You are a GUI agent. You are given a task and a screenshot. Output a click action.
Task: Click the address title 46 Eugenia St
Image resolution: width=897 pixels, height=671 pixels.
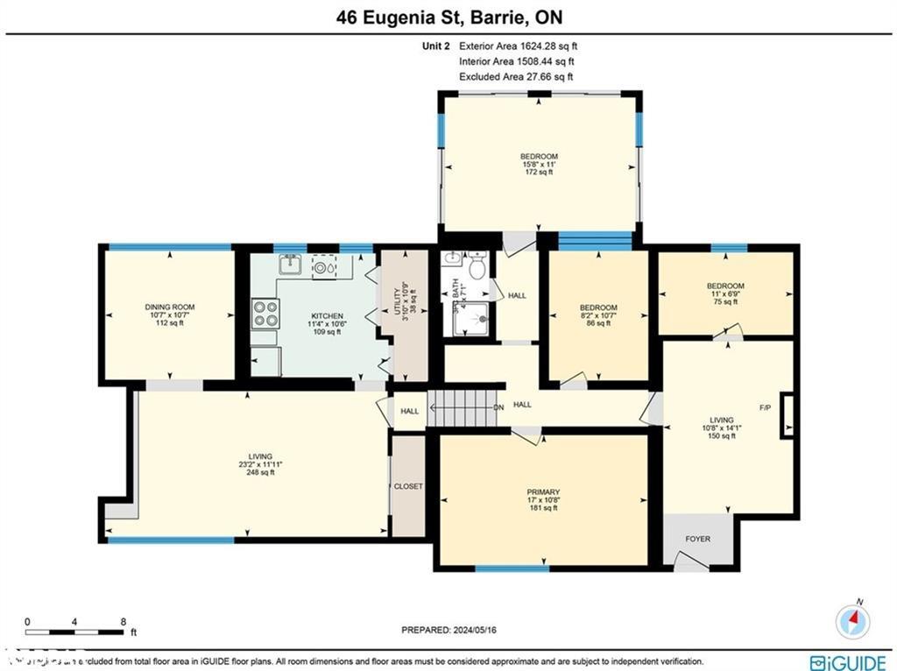click(448, 18)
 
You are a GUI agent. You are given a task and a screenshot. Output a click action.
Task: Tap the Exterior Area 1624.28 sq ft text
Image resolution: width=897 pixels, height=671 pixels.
click(517, 46)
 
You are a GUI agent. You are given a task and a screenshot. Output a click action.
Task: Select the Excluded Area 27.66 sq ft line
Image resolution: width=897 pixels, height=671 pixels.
click(516, 77)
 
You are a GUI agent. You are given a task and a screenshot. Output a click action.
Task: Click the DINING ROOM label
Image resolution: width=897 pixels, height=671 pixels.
click(170, 307)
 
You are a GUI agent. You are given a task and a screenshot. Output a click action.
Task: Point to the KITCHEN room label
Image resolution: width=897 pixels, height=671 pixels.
click(326, 316)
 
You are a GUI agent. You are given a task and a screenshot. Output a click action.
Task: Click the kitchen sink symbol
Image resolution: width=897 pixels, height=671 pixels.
click(290, 264)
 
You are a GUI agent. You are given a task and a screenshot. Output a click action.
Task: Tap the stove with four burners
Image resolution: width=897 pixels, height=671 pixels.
click(265, 314)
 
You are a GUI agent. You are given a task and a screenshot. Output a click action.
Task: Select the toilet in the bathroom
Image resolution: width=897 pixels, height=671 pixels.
click(477, 265)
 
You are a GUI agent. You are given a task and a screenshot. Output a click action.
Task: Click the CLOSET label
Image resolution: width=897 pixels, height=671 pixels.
click(408, 486)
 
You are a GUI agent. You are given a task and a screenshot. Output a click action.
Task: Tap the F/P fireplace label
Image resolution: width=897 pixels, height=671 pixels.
click(765, 408)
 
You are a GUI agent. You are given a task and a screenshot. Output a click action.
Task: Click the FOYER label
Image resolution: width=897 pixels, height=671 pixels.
click(698, 539)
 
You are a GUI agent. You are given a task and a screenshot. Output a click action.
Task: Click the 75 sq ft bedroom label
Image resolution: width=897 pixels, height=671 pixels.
click(725, 286)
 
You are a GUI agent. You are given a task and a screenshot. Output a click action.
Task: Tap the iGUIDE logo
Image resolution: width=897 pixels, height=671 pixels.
click(841, 662)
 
